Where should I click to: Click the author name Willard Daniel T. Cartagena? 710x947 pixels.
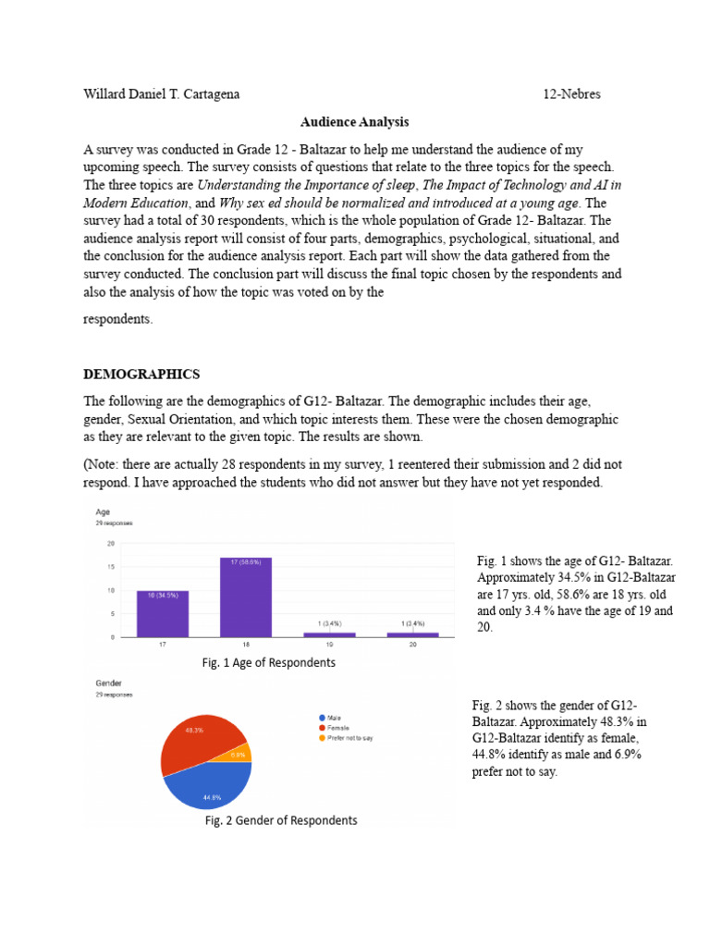(x=163, y=93)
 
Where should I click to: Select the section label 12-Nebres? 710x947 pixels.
(x=572, y=93)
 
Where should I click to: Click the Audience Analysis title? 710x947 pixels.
(x=354, y=121)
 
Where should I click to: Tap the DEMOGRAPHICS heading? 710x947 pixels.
(x=141, y=374)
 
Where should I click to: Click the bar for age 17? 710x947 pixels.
(x=164, y=614)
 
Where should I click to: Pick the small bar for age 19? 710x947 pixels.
(x=330, y=634)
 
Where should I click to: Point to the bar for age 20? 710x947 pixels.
(x=413, y=634)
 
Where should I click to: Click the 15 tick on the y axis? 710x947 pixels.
(x=113, y=567)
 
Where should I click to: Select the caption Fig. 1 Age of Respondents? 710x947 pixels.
(x=268, y=663)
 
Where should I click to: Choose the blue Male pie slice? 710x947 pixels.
(x=208, y=786)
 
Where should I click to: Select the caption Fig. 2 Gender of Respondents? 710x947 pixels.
(x=281, y=820)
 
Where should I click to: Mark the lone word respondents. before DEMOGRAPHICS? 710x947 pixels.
(x=116, y=319)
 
